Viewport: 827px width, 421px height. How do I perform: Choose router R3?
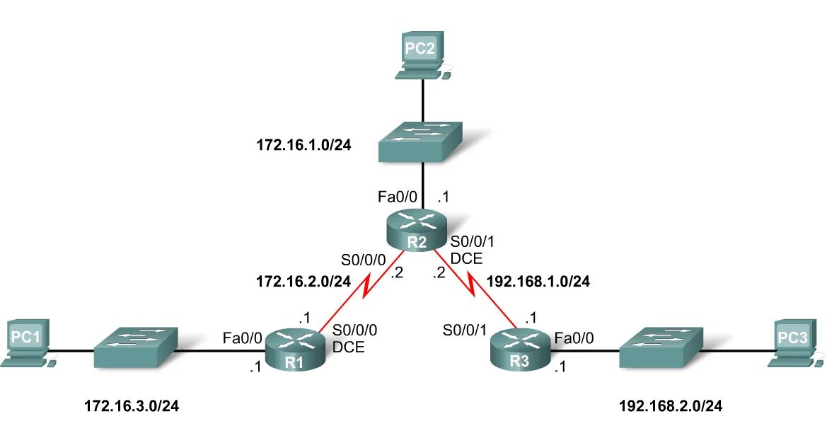(x=520, y=349)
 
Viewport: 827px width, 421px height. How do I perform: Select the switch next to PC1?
(x=135, y=347)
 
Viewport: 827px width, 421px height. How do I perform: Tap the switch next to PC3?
(x=661, y=347)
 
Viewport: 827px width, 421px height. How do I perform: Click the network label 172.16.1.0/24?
(x=304, y=146)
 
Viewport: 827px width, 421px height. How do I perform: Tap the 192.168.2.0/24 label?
(x=671, y=406)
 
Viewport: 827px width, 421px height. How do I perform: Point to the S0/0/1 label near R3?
(x=465, y=329)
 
